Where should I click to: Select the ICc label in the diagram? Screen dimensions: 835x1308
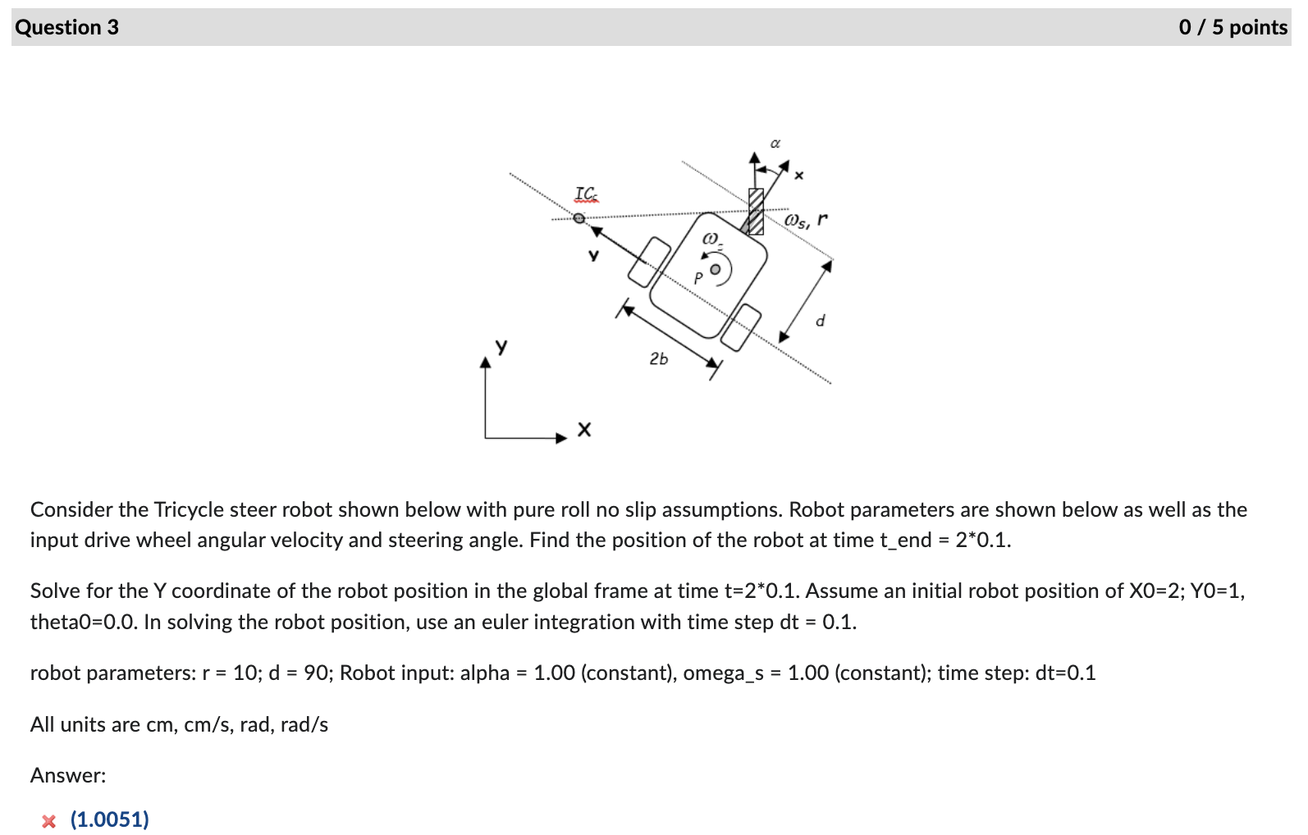[x=586, y=194]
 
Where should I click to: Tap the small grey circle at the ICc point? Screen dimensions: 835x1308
[x=579, y=218]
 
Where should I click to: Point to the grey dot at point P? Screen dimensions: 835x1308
[x=716, y=269]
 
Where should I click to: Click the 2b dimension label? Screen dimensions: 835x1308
[x=658, y=358]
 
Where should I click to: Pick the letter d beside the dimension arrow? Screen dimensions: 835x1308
[x=820, y=321]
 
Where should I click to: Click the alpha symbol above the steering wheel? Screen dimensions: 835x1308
[x=775, y=144]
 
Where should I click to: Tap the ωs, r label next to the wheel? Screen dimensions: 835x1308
[x=806, y=220]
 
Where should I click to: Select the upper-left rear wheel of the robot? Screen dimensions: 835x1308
[x=649, y=262]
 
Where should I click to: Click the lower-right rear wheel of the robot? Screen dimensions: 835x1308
[x=741, y=326]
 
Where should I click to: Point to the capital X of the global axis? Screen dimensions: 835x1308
[x=583, y=430]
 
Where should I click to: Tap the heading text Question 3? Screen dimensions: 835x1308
[x=66, y=27]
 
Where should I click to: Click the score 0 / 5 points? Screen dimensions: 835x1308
[x=1233, y=27]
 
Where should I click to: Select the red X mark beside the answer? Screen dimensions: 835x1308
[x=49, y=821]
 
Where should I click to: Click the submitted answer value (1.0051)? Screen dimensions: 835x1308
[x=110, y=819]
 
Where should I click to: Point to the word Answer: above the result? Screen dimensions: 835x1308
[x=68, y=775]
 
